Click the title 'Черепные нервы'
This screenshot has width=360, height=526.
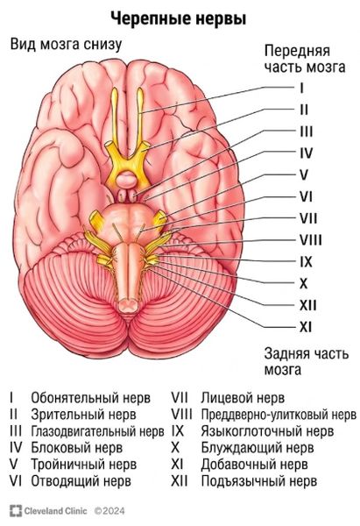pyautogui.click(x=179, y=18)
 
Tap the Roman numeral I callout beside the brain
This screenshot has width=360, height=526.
pyautogui.click(x=302, y=89)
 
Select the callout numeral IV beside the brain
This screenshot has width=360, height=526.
pyautogui.click(x=306, y=153)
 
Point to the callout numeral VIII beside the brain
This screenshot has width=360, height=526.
pyautogui.click(x=311, y=240)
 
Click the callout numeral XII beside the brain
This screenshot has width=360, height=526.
pyautogui.click(x=308, y=305)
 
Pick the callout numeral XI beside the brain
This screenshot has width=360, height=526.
pyautogui.click(x=306, y=327)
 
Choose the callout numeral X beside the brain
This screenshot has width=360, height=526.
pyautogui.click(x=303, y=284)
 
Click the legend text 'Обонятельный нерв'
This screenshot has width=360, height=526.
pyautogui.click(x=91, y=398)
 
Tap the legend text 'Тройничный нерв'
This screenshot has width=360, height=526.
pyautogui.click(x=84, y=465)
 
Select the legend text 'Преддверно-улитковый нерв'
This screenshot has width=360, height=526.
pyautogui.click(x=279, y=415)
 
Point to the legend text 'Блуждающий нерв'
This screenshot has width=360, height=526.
pyautogui.click(x=258, y=448)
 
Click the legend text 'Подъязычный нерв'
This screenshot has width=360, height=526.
pyautogui.click(x=258, y=481)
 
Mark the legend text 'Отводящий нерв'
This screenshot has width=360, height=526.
pyautogui.click(x=81, y=481)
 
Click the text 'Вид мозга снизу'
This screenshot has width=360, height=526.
pyautogui.click(x=66, y=45)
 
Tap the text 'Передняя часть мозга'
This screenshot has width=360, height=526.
pyautogui.click(x=305, y=59)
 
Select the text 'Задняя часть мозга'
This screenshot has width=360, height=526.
pyautogui.click(x=307, y=361)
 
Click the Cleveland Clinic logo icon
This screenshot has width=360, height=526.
pyautogui.click(x=16, y=511)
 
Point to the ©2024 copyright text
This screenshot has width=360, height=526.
pyautogui.click(x=109, y=511)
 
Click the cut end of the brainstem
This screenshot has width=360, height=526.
pyautogui.click(x=128, y=305)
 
